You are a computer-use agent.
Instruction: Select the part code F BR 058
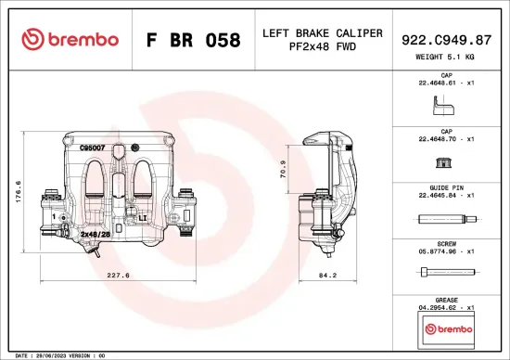(x=194, y=41)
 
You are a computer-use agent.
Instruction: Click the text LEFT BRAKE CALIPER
(x=322, y=33)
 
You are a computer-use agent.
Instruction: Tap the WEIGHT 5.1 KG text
(x=448, y=58)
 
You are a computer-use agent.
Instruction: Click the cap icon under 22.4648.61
(x=446, y=108)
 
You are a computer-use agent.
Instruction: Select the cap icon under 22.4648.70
(x=446, y=163)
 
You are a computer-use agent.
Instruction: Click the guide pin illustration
(x=446, y=220)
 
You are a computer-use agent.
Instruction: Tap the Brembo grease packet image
(x=447, y=328)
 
